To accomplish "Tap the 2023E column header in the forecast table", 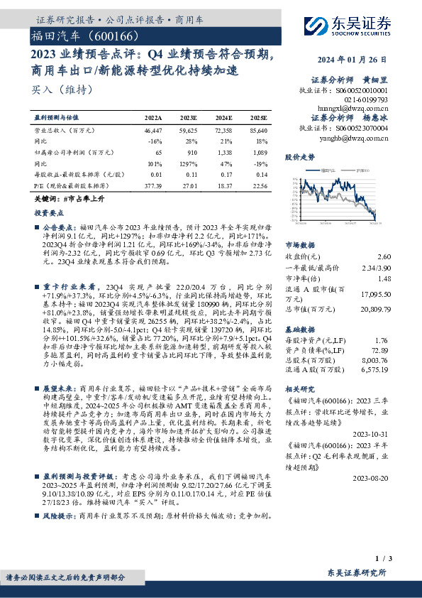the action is (x=189, y=117).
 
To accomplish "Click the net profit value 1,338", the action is (x=223, y=153).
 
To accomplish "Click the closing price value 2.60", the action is (x=384, y=256).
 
